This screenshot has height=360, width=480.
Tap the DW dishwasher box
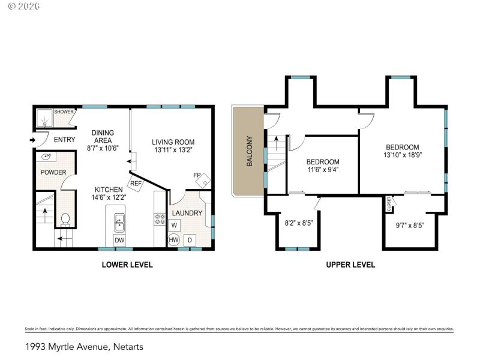(x=119, y=240)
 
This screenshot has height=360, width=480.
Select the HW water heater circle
(x=173, y=240)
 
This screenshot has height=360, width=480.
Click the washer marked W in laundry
(x=174, y=225)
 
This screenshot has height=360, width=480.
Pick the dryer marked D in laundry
(x=190, y=240)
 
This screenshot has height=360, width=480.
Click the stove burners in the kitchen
(x=160, y=219)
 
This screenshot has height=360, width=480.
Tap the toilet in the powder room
(x=66, y=219)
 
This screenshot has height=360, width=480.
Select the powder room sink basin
(x=46, y=157)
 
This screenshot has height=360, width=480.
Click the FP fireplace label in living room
(x=197, y=175)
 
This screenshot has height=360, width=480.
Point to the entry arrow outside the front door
(x=31, y=140)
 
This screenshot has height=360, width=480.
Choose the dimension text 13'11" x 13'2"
(x=173, y=151)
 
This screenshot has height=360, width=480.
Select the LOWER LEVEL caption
(x=127, y=264)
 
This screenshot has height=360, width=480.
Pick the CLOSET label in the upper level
(x=389, y=205)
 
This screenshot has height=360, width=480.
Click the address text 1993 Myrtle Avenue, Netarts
(x=84, y=346)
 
